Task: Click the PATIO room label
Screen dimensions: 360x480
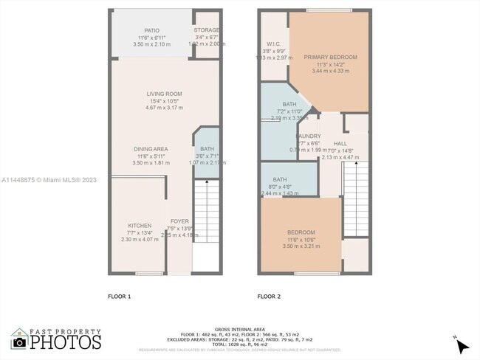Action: point(151,30)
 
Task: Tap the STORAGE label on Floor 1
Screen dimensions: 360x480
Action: point(207,30)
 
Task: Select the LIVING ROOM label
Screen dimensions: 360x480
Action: point(164,94)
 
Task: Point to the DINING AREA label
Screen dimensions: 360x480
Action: point(151,149)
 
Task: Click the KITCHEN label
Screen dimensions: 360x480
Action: point(140,226)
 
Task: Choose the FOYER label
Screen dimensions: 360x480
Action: point(179,221)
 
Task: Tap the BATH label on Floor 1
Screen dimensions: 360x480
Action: point(207,149)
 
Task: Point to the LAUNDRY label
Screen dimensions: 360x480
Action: point(307,136)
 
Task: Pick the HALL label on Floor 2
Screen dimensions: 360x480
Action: point(340,143)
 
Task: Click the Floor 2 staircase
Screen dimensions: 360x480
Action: point(357,199)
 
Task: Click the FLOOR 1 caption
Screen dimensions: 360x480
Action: point(119,297)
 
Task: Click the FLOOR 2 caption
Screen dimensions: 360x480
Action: point(269,297)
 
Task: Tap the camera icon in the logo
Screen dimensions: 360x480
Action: point(20,342)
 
